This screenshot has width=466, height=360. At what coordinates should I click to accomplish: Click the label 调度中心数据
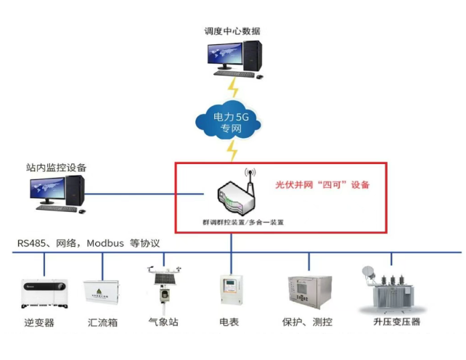coord(232,31)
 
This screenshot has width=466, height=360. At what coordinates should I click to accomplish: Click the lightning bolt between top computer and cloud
coord(233,88)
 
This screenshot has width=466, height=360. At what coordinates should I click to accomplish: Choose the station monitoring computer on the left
coord(57,193)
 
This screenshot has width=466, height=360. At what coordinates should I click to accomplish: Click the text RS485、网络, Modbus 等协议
coord(89,243)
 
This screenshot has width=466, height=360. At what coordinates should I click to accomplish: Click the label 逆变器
coord(39,322)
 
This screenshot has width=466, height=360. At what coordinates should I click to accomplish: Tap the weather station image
coord(163,285)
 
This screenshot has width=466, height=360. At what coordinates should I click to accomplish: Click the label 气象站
coord(163,322)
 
